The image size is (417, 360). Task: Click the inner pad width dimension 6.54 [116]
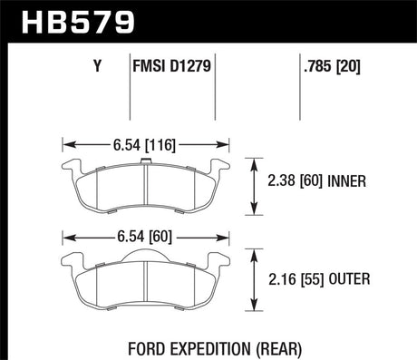[x=145, y=143]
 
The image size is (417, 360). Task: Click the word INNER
[x=348, y=181]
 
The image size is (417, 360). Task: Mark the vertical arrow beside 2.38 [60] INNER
[x=253, y=182]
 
